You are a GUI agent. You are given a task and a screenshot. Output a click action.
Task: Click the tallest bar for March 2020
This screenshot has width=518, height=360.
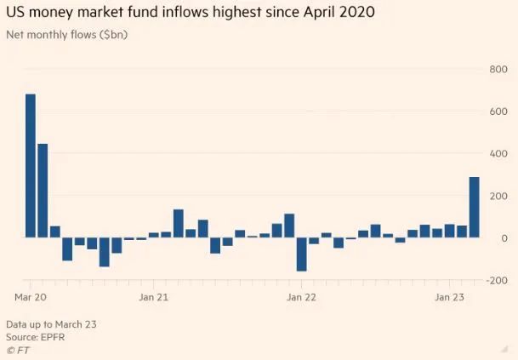click(31, 165)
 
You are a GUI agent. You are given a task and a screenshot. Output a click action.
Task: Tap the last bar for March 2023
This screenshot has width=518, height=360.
click(474, 207)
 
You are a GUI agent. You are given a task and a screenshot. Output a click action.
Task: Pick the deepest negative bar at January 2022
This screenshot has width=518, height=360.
click(301, 254)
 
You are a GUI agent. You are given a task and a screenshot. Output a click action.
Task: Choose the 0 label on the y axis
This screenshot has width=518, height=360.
click(503, 238)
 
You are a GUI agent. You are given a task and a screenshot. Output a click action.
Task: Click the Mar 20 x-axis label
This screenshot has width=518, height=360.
click(31, 298)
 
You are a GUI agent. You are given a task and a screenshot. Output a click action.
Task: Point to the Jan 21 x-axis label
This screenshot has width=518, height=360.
click(153, 298)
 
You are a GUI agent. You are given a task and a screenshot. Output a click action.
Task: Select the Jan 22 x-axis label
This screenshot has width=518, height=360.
click(301, 298)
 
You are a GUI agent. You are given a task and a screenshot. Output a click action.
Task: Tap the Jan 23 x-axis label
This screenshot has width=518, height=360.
click(449, 298)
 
